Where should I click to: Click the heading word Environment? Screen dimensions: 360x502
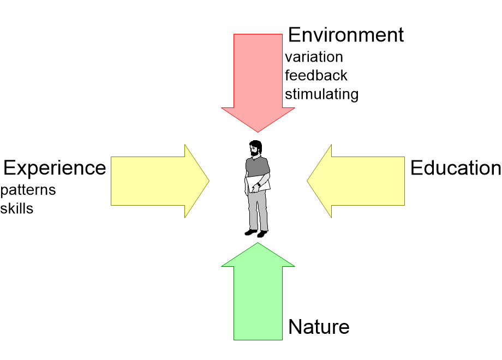tap(345, 35)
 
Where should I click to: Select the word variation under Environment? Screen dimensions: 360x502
tap(314, 57)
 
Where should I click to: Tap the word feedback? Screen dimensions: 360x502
tap(316, 75)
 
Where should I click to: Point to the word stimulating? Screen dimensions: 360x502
tap(321, 94)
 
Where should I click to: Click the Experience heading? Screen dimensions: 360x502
tap(55, 168)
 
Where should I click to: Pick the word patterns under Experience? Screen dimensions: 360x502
tap(28, 190)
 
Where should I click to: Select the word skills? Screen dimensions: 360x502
tap(17, 208)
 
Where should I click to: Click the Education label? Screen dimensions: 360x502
tap(456, 168)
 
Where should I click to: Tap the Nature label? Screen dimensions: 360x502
tap(319, 327)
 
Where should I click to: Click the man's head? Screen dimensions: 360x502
tap(255, 149)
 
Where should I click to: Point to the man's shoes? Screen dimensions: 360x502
tap(256, 233)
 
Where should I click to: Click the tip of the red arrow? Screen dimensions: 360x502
tap(258, 131)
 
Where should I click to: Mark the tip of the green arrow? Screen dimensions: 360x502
tap(258, 243)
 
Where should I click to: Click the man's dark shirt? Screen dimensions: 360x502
tap(257, 166)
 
